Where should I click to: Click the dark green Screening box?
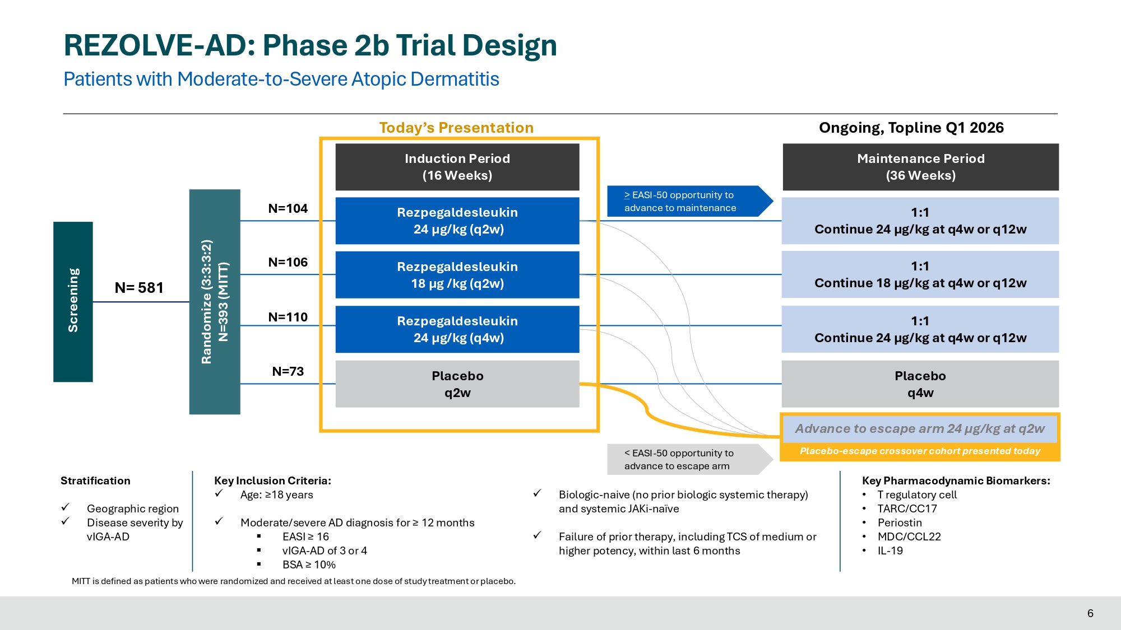tap(73, 301)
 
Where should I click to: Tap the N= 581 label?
tap(139, 288)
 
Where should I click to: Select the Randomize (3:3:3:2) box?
tap(215, 301)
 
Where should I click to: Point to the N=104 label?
tap(288, 208)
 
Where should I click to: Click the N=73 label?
tap(288, 371)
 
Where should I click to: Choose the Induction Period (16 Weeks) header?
tap(457, 167)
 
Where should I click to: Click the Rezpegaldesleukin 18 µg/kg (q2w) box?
tap(457, 275)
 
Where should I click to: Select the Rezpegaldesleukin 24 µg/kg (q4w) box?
tap(457, 329)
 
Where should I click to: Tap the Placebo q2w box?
tap(457, 384)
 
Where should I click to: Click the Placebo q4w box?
tap(920, 384)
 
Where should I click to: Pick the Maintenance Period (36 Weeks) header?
tap(920, 167)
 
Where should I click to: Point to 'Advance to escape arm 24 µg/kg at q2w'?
tap(920, 429)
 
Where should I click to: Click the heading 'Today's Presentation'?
tap(456, 128)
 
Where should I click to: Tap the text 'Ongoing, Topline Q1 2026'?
tap(911, 128)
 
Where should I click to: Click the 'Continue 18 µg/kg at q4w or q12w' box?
tap(920, 275)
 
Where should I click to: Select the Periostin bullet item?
tap(900, 522)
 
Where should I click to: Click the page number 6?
tap(1090, 613)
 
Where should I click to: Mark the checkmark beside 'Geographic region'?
tap(66, 507)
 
